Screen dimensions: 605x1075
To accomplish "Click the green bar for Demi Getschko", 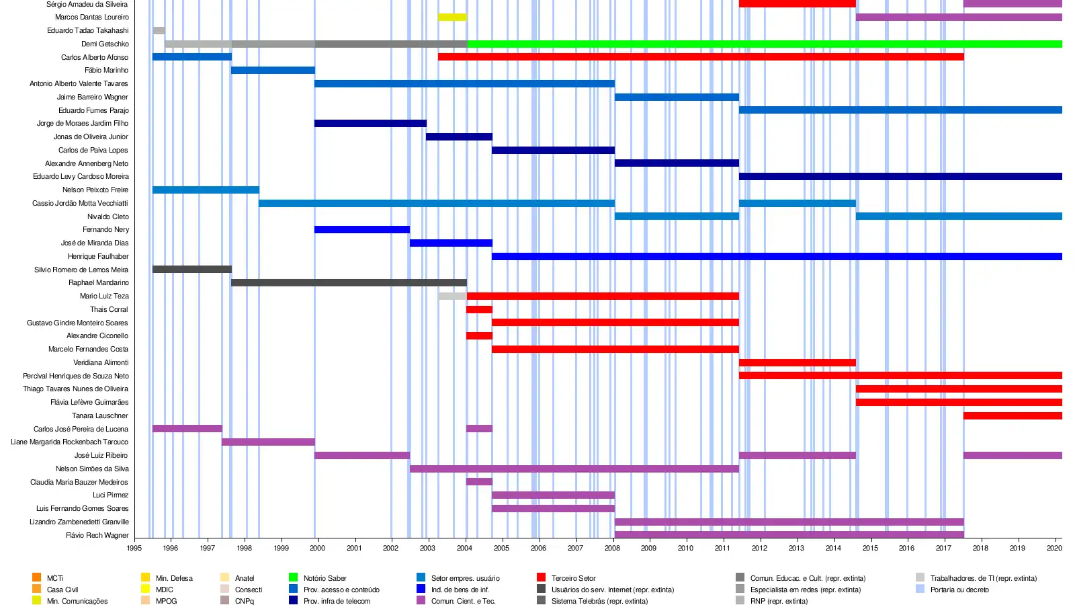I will click(765, 44).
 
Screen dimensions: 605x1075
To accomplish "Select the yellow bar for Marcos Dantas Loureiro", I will click(452, 17).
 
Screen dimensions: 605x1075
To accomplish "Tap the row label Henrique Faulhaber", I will click(98, 256).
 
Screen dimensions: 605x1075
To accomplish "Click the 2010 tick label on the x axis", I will click(685, 548).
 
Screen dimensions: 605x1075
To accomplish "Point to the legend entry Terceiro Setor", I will click(573, 578).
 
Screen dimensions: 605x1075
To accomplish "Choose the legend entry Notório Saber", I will click(325, 578).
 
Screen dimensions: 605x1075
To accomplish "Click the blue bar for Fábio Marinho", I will click(273, 70).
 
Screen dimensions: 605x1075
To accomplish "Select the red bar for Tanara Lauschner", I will click(1013, 415).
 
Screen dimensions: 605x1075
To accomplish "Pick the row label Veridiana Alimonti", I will click(101, 362).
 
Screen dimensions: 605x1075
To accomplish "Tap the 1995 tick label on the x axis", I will click(134, 548).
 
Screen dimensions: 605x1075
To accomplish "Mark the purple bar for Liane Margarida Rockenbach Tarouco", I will click(268, 442).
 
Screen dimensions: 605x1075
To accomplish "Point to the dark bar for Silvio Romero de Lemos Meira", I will click(192, 270).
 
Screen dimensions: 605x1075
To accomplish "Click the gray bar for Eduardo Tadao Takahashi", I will click(159, 30).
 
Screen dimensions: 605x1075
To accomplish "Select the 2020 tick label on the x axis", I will click(1054, 548).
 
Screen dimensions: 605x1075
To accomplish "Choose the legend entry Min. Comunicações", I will click(77, 601).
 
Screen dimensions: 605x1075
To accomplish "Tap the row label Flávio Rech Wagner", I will click(97, 535).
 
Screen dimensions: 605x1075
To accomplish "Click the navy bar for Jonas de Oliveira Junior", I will click(459, 136).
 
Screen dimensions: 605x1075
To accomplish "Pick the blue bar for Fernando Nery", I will click(362, 229).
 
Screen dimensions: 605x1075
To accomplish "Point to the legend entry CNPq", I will click(244, 601).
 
